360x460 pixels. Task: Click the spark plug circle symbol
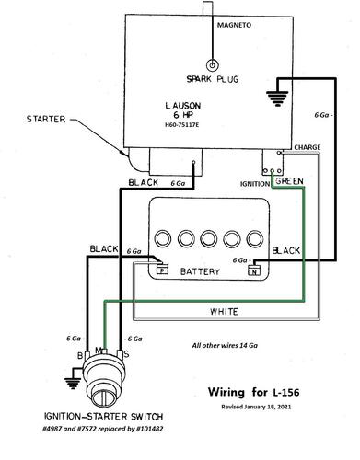[x=212, y=65]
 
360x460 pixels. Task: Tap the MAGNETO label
[x=234, y=25]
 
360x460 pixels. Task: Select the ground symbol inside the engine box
[x=277, y=98]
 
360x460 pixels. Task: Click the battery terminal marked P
[x=163, y=270]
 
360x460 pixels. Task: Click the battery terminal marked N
[x=254, y=270]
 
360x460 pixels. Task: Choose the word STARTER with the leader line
[x=46, y=119]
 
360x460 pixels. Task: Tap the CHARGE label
[x=308, y=147]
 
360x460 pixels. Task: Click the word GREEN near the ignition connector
[x=289, y=181]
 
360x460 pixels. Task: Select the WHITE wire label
[x=224, y=312]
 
